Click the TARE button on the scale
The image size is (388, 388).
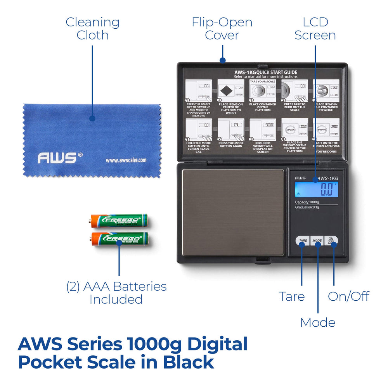point(303,241)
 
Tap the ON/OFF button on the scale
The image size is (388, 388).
point(331,241)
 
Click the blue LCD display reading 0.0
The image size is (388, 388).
point(316,189)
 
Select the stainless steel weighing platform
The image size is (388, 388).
point(233,212)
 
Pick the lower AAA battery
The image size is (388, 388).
point(119,239)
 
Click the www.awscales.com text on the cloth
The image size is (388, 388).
point(126,160)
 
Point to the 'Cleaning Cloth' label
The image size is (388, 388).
point(92,28)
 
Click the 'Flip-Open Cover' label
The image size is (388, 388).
point(222,28)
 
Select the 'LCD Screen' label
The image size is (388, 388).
point(315,28)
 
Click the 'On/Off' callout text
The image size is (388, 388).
point(348,296)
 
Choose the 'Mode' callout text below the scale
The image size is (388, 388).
point(318,322)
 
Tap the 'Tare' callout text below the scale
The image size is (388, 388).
point(292,296)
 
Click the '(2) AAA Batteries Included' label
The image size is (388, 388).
point(116,293)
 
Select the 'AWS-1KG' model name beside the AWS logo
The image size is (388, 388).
point(328,178)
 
